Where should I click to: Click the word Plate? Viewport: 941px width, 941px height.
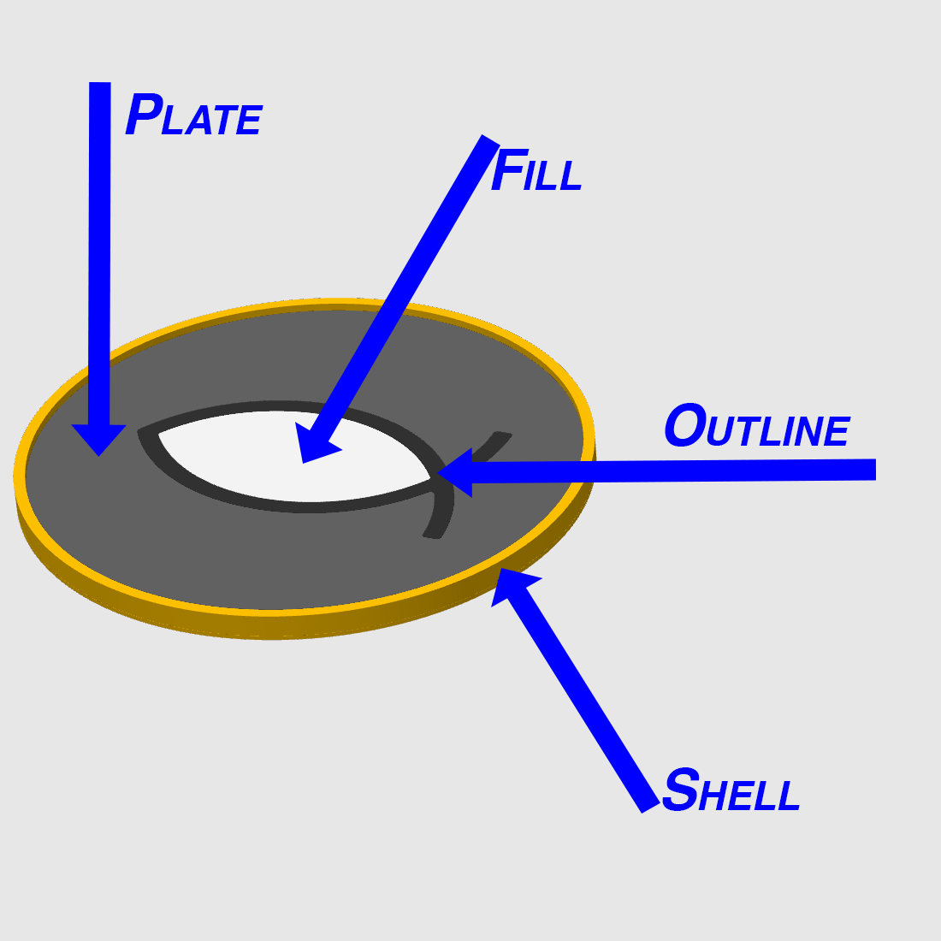(x=194, y=114)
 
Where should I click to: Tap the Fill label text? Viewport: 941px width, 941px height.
(x=536, y=170)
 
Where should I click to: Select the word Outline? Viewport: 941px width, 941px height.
(x=757, y=425)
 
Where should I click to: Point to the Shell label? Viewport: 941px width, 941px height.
(x=731, y=790)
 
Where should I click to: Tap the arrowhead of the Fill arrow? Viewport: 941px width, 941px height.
(x=315, y=443)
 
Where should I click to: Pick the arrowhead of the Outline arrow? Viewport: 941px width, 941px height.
(x=455, y=472)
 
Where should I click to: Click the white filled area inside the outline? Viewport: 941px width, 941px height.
(x=294, y=456)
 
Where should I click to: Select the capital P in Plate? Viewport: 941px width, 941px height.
(x=144, y=114)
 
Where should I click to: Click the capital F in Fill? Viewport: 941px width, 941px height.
(x=509, y=170)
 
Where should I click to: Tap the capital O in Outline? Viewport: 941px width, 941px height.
(x=685, y=425)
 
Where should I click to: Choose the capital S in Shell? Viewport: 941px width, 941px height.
(x=681, y=790)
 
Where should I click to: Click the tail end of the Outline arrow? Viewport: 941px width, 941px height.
(x=876, y=470)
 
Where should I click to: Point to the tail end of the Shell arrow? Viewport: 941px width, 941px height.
(x=651, y=808)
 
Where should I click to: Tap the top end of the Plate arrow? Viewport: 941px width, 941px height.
(x=99, y=83)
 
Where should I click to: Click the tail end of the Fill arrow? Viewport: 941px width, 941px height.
(x=491, y=139)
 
